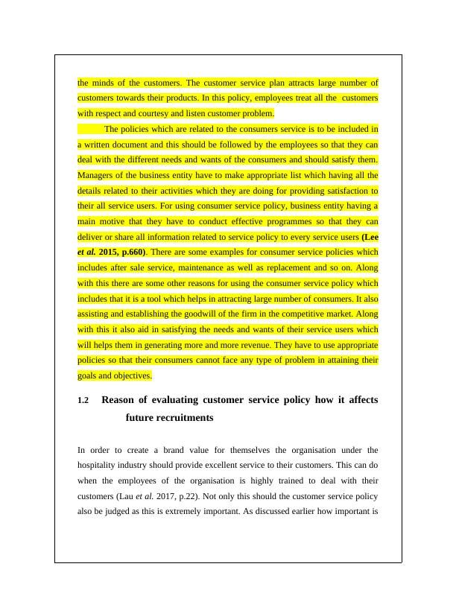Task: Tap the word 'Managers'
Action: coord(98,175)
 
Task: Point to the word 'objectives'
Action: coord(132,376)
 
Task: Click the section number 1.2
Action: coord(83,402)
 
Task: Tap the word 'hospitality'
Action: coord(98,466)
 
